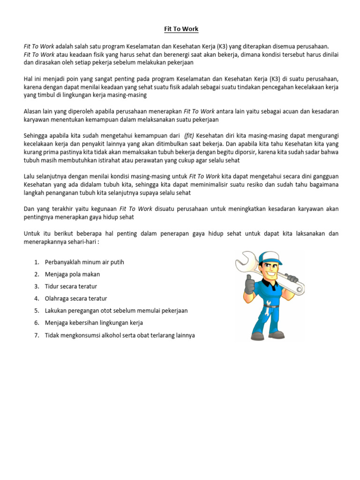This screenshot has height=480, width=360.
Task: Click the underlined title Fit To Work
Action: pyautogui.click(x=181, y=29)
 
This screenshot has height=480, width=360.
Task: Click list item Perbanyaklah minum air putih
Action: pyautogui.click(x=84, y=262)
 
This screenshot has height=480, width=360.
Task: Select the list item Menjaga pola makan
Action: pyautogui.click(x=72, y=274)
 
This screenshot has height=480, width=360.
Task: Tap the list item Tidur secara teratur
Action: pyautogui.click(x=71, y=286)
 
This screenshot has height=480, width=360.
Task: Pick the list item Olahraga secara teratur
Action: pyautogui.click(x=76, y=299)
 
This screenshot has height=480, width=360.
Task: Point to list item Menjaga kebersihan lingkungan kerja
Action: pyautogui.click(x=94, y=323)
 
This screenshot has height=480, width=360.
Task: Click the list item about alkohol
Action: pyautogui.click(x=120, y=335)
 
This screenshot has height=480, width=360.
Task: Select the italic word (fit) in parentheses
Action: pyautogui.click(x=192, y=136)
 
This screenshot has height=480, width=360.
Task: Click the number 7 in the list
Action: pyautogui.click(x=36, y=335)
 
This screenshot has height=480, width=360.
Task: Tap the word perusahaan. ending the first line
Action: pyautogui.click(x=313, y=46)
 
